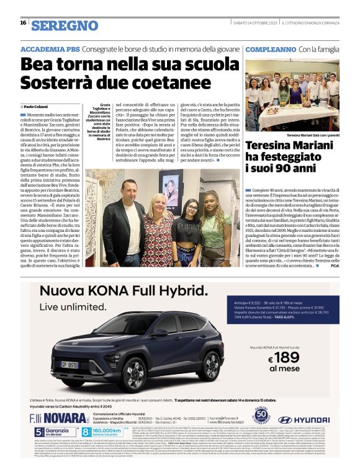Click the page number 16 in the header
[x=23, y=23]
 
